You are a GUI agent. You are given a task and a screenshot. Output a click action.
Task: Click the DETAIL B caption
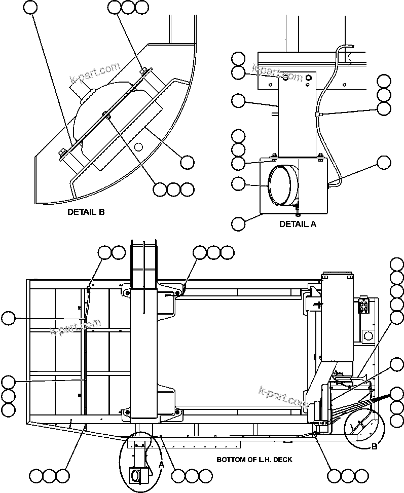86,212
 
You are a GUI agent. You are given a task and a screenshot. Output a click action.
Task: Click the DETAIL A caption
298,224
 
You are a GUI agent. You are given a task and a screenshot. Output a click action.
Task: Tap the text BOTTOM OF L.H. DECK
254,460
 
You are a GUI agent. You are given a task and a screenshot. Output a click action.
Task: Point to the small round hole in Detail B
137,146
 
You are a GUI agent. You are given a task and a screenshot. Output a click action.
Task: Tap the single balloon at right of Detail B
187,162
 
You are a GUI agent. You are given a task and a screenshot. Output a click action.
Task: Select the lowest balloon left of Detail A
238,223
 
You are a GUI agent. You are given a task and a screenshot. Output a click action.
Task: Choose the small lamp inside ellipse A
136,476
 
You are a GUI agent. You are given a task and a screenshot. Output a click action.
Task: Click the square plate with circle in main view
368,335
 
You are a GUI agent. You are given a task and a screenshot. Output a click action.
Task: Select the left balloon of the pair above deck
104,252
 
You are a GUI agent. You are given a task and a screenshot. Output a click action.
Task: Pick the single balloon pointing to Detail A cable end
384,163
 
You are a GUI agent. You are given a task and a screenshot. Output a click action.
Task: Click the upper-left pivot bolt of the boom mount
126,293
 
